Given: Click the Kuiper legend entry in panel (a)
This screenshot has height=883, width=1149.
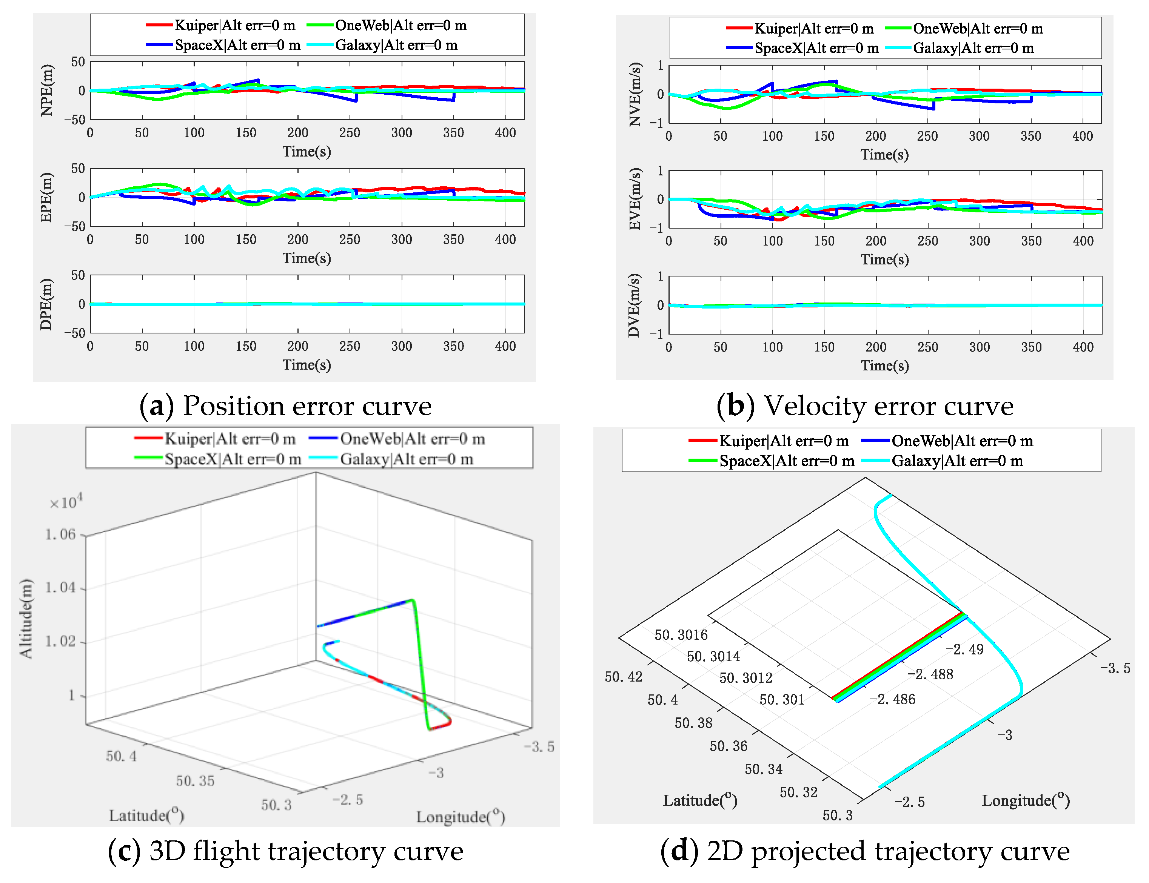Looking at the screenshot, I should [x=234, y=25].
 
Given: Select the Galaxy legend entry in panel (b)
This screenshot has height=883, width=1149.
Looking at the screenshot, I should [x=973, y=48].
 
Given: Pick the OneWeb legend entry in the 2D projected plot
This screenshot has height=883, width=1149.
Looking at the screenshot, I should [x=962, y=441].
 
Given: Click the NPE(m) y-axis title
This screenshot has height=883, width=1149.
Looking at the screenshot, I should [x=47, y=91].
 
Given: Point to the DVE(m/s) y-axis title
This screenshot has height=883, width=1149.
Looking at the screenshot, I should [x=635, y=305].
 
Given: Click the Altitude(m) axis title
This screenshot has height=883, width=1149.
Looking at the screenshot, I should [x=26, y=618].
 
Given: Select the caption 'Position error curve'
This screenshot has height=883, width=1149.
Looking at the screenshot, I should [x=307, y=406].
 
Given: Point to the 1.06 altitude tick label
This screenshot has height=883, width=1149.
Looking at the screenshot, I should [x=60, y=534].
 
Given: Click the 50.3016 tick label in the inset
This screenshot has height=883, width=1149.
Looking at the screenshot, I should [x=681, y=635].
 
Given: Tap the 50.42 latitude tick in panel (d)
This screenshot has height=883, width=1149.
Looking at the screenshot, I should [x=623, y=676].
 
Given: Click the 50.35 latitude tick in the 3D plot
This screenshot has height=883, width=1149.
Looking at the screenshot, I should [x=195, y=781].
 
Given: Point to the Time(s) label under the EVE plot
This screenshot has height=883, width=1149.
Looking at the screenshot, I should [x=884, y=259].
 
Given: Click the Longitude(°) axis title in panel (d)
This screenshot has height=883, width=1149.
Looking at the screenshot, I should [x=1026, y=800].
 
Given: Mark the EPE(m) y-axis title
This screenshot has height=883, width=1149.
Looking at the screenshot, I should [x=47, y=197].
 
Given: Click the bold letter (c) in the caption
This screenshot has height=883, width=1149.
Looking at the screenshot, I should [x=125, y=851].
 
